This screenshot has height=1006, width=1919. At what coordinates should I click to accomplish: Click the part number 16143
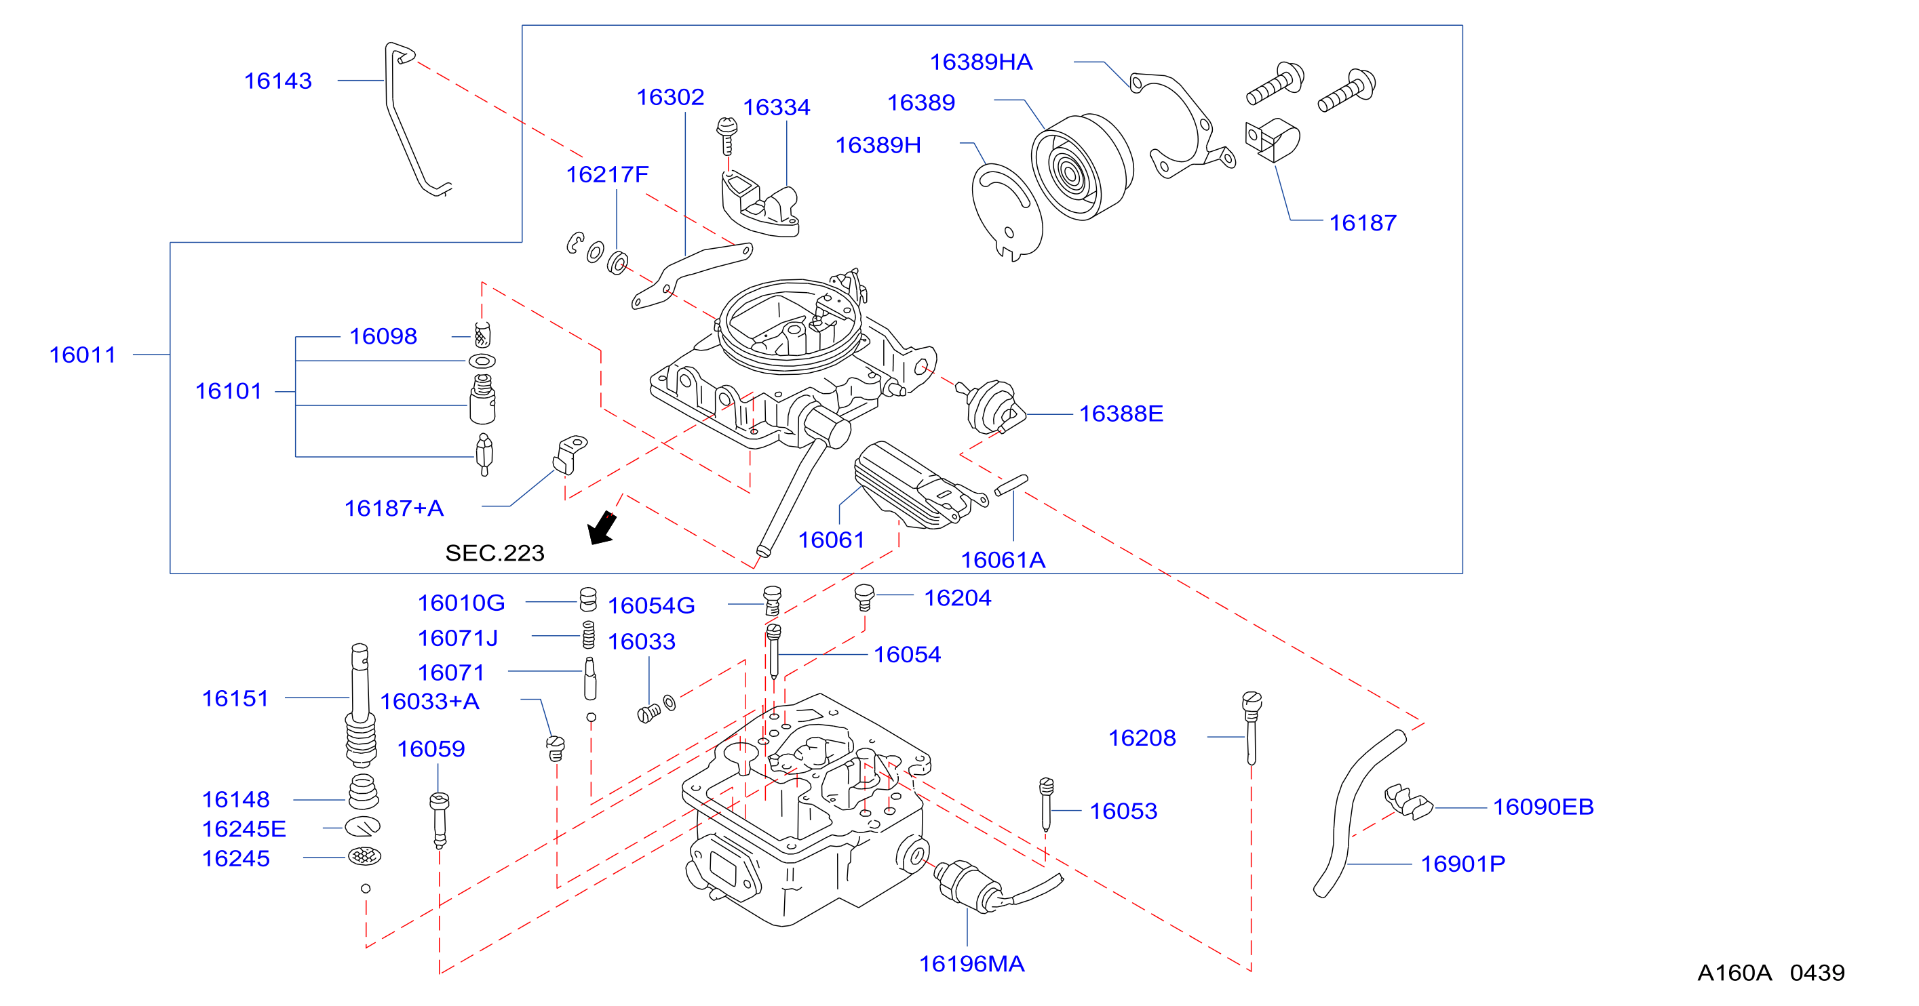[278, 81]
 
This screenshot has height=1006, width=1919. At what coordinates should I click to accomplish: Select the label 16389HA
[980, 62]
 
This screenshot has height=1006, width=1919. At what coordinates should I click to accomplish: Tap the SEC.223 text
[495, 552]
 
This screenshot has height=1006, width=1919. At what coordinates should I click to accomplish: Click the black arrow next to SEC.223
[602, 527]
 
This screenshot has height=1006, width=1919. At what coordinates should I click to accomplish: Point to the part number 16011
[83, 355]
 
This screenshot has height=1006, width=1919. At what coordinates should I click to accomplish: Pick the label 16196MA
[971, 963]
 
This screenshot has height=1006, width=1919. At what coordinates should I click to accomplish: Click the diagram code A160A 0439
[1770, 973]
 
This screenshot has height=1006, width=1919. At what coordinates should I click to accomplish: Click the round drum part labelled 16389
[1082, 167]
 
